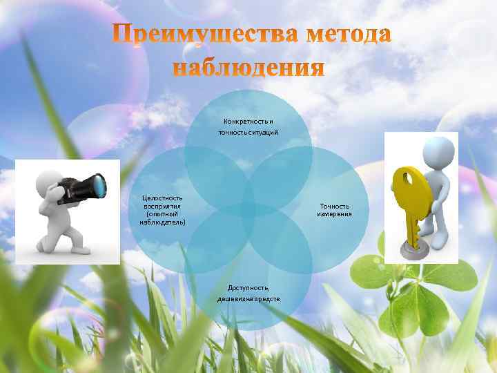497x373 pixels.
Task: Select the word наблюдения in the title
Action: (x=248, y=68)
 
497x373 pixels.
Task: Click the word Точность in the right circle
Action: (x=334, y=206)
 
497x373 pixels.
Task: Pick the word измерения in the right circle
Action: (x=334, y=214)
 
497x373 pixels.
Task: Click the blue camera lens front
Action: (x=100, y=184)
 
